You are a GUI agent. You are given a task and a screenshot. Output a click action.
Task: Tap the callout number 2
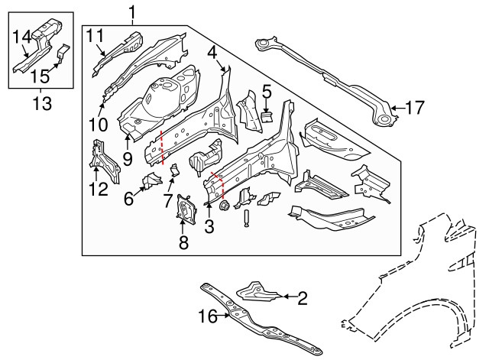(302, 298)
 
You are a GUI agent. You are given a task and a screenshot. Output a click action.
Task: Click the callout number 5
(266, 92)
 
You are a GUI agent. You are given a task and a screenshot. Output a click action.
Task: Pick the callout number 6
(128, 199)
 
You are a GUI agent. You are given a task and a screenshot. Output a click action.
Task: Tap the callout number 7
(167, 199)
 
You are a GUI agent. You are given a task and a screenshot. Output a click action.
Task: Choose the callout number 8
(183, 243)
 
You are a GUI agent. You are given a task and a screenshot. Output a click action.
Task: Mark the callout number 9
(127, 158)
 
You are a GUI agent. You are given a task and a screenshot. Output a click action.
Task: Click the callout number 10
(99, 123)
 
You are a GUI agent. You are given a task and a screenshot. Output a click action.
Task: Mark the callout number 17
(413, 108)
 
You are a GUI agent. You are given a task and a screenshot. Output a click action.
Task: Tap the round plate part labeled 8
(183, 209)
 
